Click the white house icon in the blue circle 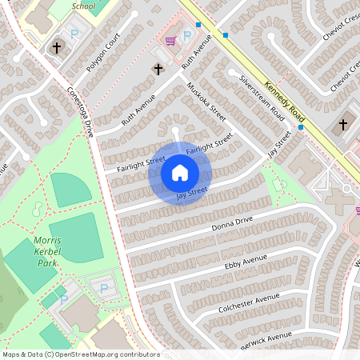[x=180, y=172]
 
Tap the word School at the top [x=83, y=6]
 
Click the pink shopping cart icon [x=170, y=40]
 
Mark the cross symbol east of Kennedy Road [x=344, y=125]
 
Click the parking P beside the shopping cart [x=188, y=36]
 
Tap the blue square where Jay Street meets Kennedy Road [x=301, y=126]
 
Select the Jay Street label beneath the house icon [x=192, y=194]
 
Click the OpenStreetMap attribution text [x=80, y=354]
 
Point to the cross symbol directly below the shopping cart [x=158, y=70]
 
